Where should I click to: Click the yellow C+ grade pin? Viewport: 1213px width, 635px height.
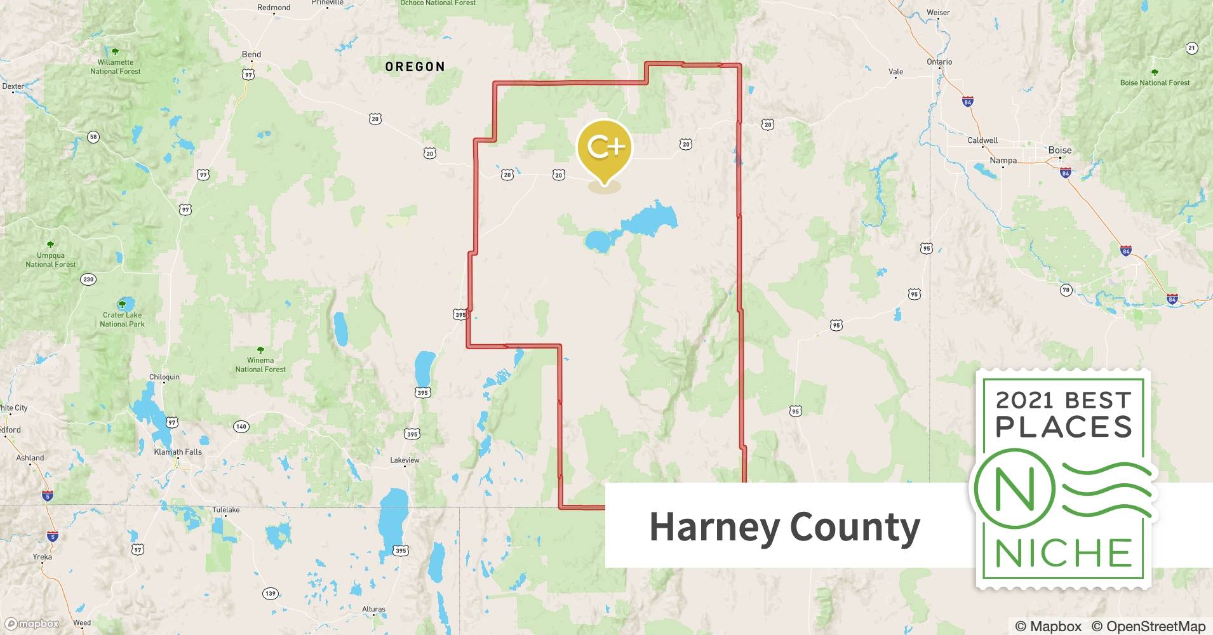(x=604, y=147)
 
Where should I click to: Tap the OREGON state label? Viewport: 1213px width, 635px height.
(x=415, y=67)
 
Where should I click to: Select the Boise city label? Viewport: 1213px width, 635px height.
(x=1059, y=150)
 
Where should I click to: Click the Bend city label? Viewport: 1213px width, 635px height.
(x=251, y=54)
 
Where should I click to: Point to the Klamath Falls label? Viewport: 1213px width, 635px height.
(x=178, y=452)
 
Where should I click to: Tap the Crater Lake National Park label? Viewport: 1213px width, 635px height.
(x=122, y=319)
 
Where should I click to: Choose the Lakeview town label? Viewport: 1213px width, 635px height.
(x=405, y=460)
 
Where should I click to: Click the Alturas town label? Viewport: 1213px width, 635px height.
(x=373, y=609)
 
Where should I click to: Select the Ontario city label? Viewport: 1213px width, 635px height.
(x=939, y=62)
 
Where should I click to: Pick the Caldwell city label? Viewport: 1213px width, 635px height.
(x=982, y=140)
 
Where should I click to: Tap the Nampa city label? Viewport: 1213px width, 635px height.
(x=1003, y=161)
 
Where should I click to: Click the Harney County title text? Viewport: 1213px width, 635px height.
(x=784, y=527)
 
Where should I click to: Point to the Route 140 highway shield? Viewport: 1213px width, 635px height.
(x=241, y=426)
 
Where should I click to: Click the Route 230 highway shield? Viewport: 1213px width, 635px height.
(x=88, y=279)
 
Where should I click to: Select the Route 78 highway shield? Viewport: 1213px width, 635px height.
(x=1066, y=290)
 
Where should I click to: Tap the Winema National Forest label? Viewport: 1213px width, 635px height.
(x=260, y=364)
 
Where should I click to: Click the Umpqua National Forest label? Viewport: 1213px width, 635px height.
(x=51, y=260)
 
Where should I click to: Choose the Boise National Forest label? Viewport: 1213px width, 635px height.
(x=1155, y=83)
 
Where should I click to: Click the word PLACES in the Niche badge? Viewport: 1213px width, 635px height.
(x=1064, y=427)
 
